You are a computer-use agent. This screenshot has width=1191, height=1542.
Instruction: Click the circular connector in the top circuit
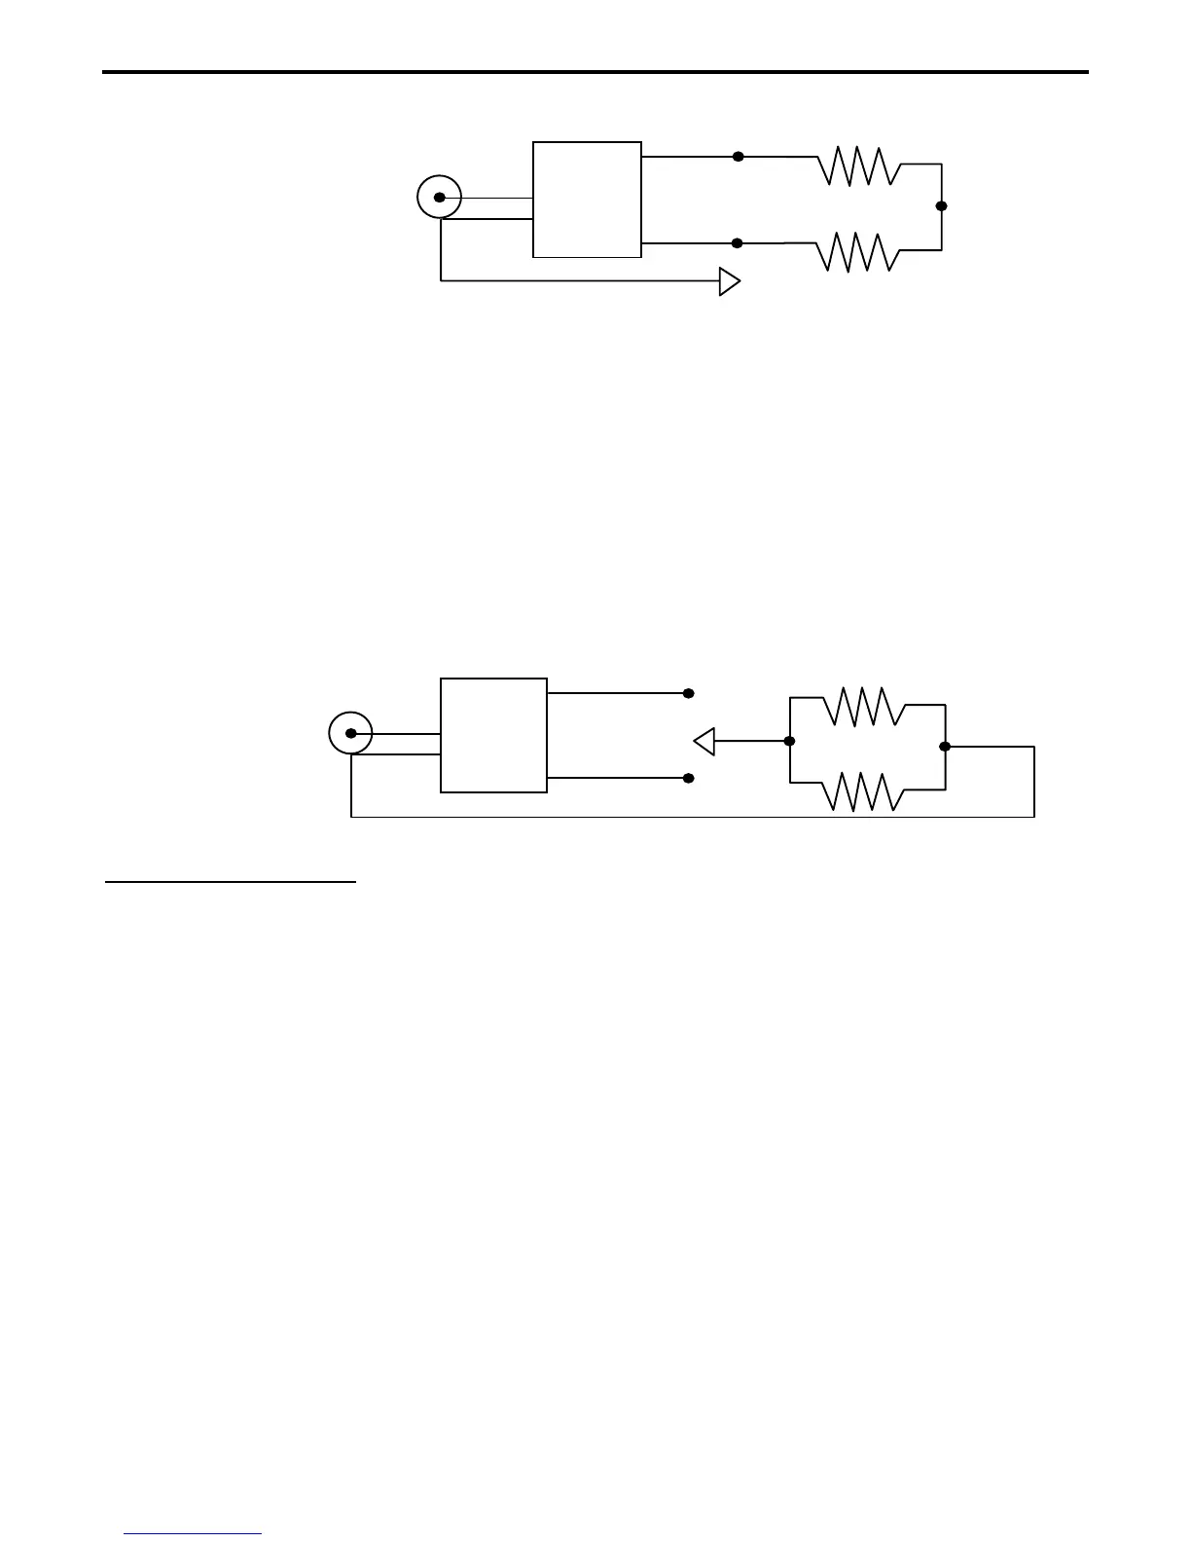point(439,198)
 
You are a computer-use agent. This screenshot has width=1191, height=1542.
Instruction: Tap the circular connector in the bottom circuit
point(350,733)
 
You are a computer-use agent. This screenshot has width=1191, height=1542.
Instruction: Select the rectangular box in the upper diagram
point(587,200)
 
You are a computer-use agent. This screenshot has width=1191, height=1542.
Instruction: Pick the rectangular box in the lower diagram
point(493,735)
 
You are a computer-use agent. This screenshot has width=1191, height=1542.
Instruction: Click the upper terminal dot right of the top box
point(738,156)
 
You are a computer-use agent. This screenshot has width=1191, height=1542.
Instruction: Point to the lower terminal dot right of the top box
point(737,243)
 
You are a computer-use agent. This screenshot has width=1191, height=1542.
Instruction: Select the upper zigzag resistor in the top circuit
point(859,165)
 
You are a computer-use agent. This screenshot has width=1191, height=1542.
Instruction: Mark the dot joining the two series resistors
point(941,206)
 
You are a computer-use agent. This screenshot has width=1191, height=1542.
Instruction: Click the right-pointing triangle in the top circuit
point(729,281)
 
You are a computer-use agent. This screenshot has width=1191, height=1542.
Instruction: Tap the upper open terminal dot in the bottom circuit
point(688,694)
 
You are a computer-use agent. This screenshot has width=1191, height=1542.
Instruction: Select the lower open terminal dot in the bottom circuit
point(688,779)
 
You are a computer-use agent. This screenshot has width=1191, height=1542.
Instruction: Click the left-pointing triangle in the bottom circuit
point(704,742)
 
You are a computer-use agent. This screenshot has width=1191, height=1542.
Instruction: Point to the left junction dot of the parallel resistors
point(789,742)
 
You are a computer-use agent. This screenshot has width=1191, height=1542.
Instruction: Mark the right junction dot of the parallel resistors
point(944,747)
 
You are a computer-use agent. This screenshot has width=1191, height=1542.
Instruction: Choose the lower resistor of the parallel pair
point(864,790)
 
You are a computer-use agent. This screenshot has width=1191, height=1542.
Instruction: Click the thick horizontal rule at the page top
point(595,72)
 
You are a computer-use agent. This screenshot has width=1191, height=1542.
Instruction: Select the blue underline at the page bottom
point(193,1534)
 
